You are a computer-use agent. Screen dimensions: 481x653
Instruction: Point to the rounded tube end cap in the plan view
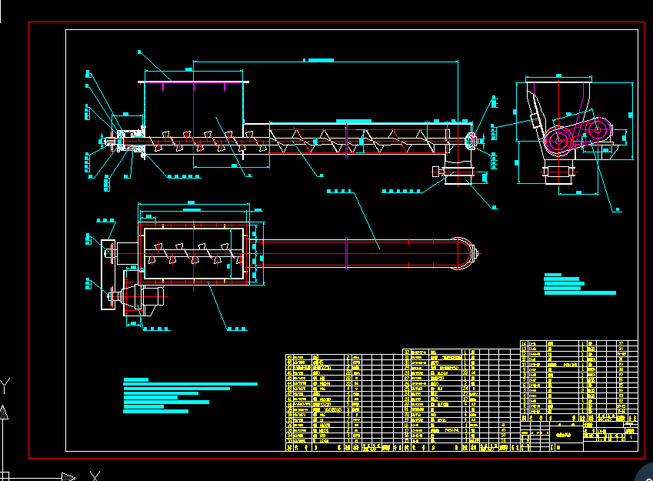pyautogui.click(x=465, y=252)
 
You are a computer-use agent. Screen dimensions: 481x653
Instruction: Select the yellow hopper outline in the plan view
pyautogui.click(x=194, y=252)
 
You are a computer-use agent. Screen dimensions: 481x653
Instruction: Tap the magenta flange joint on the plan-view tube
pyautogui.click(x=347, y=252)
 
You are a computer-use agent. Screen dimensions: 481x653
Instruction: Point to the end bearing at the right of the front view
pyautogui.click(x=471, y=140)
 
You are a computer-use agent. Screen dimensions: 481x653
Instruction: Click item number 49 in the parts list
pyautogui.click(x=290, y=358)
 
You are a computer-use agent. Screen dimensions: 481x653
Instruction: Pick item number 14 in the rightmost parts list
pyautogui.click(x=525, y=343)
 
